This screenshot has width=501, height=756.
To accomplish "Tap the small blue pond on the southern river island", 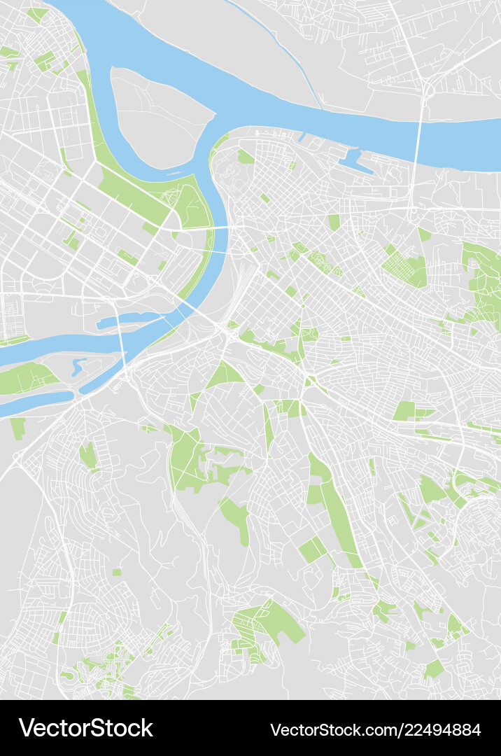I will [x=78, y=365].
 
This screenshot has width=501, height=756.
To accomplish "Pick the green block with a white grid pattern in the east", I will [x=405, y=267].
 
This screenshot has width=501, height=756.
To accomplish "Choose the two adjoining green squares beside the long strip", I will [x=312, y=549].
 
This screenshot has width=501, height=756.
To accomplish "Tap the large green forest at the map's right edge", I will [x=483, y=280].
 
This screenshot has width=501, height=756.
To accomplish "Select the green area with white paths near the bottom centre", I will [x=266, y=623].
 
